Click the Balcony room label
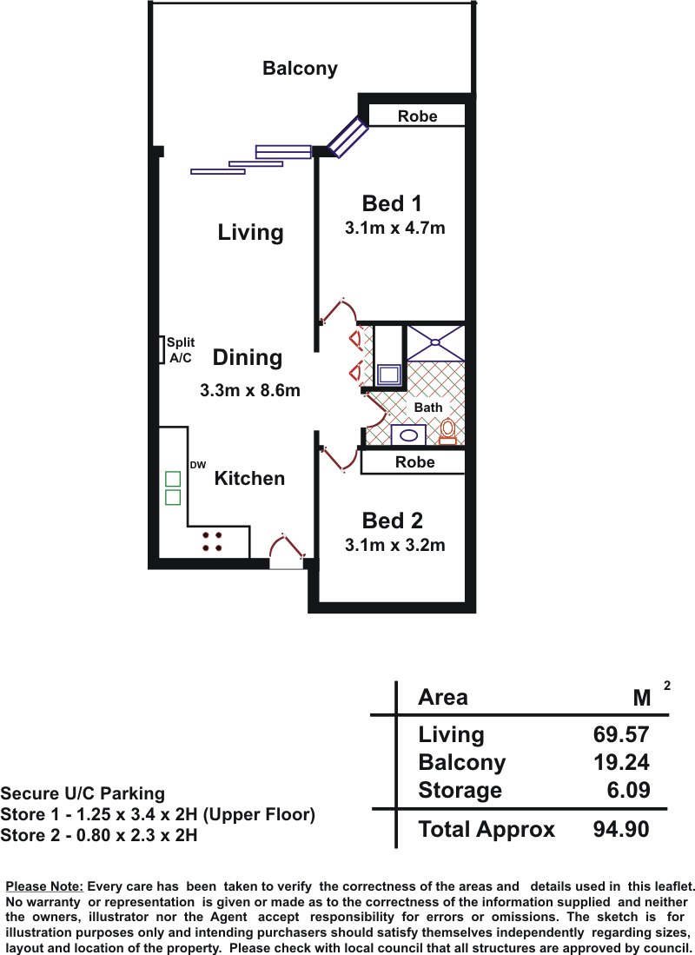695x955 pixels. pyautogui.click(x=300, y=68)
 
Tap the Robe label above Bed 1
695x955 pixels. pyautogui.click(x=417, y=116)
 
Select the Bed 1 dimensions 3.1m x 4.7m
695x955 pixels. pyautogui.click(x=394, y=228)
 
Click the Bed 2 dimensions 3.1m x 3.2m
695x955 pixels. pyautogui.click(x=394, y=545)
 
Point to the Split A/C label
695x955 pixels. pyautogui.click(x=181, y=350)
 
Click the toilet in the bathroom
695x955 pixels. pyautogui.click(x=447, y=431)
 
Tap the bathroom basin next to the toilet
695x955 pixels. pyautogui.click(x=408, y=434)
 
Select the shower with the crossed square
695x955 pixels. pyautogui.click(x=435, y=343)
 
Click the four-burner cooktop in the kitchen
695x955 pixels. pyautogui.click(x=211, y=541)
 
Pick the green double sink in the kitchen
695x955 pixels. pyautogui.click(x=173, y=487)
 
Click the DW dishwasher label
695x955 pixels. pyautogui.click(x=198, y=465)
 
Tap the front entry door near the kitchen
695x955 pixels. pyautogui.click(x=287, y=551)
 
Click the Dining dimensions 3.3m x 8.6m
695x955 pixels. pyautogui.click(x=249, y=390)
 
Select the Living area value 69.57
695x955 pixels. pyautogui.click(x=620, y=734)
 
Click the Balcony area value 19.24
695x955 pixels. pyautogui.click(x=620, y=762)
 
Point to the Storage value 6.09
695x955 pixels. pyautogui.click(x=629, y=790)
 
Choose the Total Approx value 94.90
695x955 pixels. pyautogui.click(x=620, y=829)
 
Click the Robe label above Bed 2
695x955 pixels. pyautogui.click(x=414, y=461)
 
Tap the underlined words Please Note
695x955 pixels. pyautogui.click(x=44, y=886)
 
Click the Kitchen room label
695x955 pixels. pyautogui.click(x=249, y=478)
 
